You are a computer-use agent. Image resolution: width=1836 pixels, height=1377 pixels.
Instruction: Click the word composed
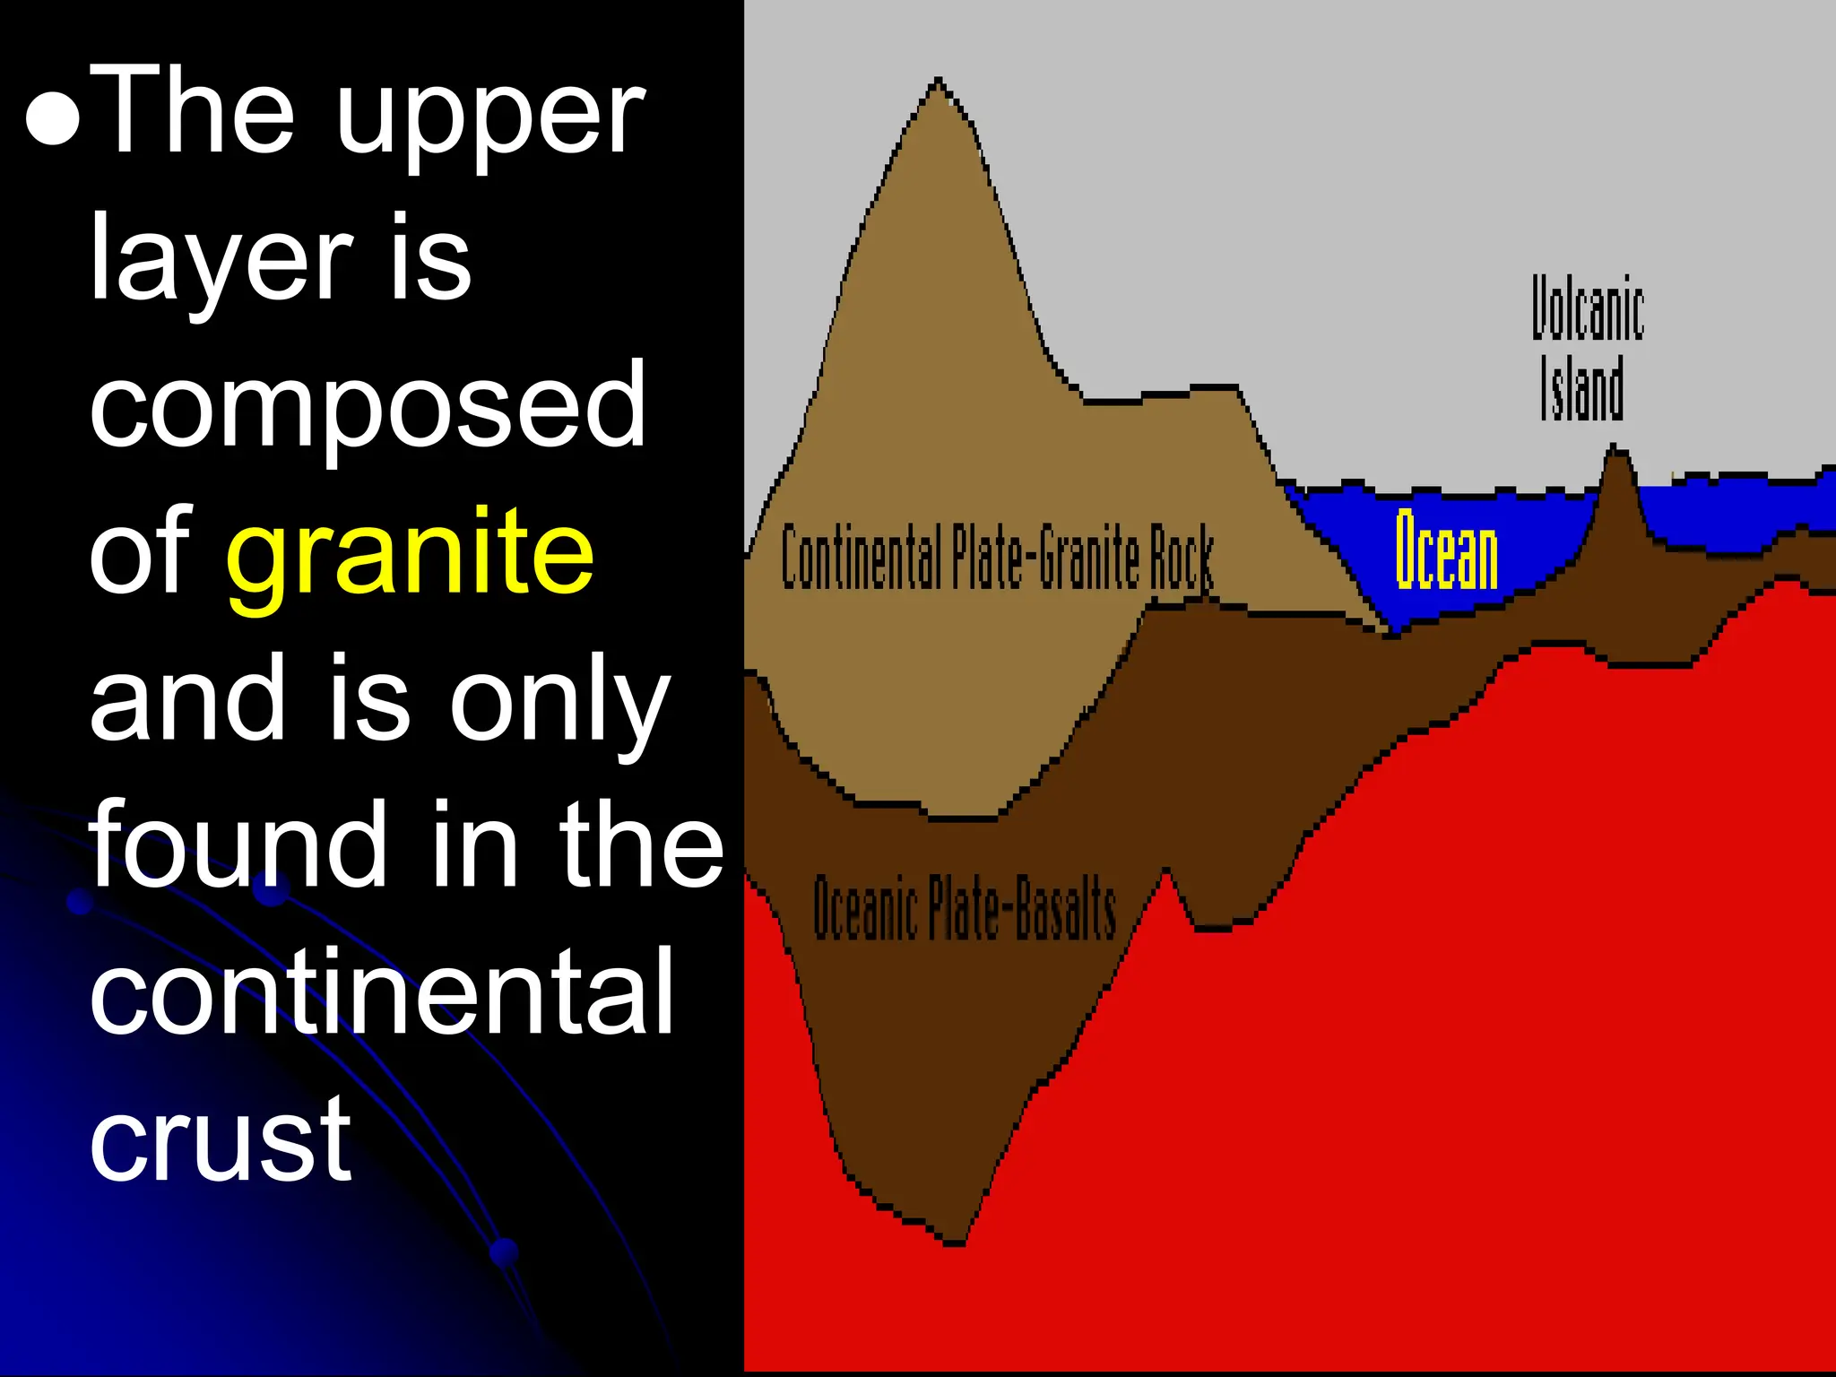click(368, 405)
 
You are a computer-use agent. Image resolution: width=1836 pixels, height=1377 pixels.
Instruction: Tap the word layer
click(221, 260)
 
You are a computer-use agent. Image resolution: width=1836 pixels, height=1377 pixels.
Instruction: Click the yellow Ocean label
click(1446, 550)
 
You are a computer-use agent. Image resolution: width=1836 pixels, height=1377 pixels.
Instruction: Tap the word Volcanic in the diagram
click(1587, 309)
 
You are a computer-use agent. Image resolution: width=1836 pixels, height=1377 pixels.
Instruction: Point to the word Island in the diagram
click(1582, 388)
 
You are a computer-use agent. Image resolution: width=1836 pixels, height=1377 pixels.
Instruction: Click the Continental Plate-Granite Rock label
click(997, 557)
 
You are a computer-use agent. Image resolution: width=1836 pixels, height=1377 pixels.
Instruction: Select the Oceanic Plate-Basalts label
click(965, 908)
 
